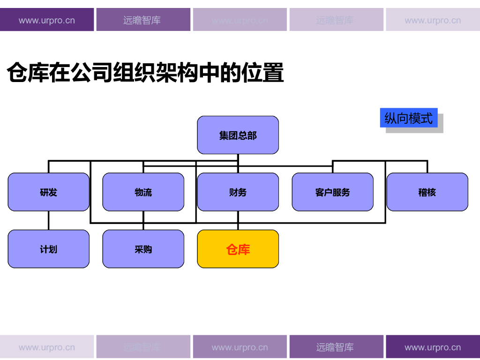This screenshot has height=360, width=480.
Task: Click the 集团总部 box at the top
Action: [x=238, y=135]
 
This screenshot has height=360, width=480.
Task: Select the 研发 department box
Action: [x=48, y=192]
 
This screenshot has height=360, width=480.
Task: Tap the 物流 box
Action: [x=143, y=192]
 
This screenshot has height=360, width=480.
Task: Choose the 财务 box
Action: [x=238, y=192]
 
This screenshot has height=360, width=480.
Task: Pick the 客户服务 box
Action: [x=332, y=192]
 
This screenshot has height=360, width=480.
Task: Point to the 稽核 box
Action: [x=427, y=192]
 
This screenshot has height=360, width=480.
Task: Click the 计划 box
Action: [x=48, y=249]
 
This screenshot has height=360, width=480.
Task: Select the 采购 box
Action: [x=143, y=249]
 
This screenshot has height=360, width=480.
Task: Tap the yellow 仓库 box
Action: [x=238, y=249]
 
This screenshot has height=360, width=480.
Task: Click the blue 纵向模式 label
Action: [x=408, y=118]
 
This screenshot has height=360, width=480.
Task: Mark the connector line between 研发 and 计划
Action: [x=49, y=220]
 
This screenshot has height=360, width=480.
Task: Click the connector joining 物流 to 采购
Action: [x=143, y=226]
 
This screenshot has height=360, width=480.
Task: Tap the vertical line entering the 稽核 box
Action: [x=427, y=167]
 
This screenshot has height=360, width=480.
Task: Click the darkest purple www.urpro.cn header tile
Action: [x=47, y=20]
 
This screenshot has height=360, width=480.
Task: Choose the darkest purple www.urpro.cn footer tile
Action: [x=432, y=347]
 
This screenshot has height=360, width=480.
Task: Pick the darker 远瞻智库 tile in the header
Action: [x=143, y=20]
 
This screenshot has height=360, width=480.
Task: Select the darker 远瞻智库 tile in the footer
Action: [x=336, y=347]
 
